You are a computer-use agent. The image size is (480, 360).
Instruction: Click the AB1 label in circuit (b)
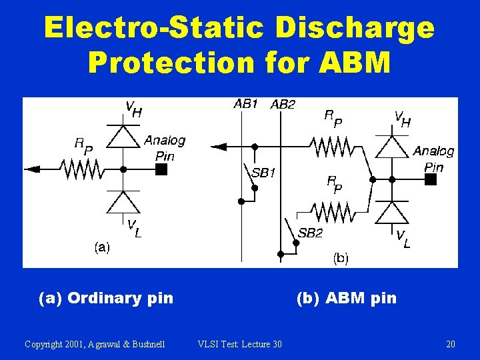(x=245, y=104)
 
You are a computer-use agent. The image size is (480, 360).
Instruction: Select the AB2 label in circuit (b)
(x=283, y=105)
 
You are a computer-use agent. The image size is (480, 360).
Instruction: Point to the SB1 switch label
(x=263, y=173)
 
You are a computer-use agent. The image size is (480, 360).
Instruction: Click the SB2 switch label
(x=311, y=233)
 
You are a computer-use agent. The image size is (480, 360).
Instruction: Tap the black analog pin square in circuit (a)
(x=161, y=169)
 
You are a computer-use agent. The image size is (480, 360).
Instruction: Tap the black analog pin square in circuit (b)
(x=431, y=179)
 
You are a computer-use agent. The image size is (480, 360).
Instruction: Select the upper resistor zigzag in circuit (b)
(x=332, y=146)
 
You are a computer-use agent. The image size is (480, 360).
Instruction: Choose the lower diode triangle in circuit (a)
(x=123, y=202)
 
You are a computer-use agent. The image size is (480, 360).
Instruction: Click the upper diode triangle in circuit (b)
(x=392, y=146)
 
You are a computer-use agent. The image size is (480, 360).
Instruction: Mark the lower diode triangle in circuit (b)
(x=392, y=213)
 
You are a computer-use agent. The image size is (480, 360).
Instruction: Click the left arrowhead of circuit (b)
(x=219, y=146)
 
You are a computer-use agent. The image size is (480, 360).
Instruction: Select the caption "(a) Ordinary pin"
(x=106, y=298)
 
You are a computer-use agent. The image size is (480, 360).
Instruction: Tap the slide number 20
(x=451, y=344)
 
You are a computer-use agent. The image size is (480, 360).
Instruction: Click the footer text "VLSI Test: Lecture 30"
(x=240, y=344)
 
